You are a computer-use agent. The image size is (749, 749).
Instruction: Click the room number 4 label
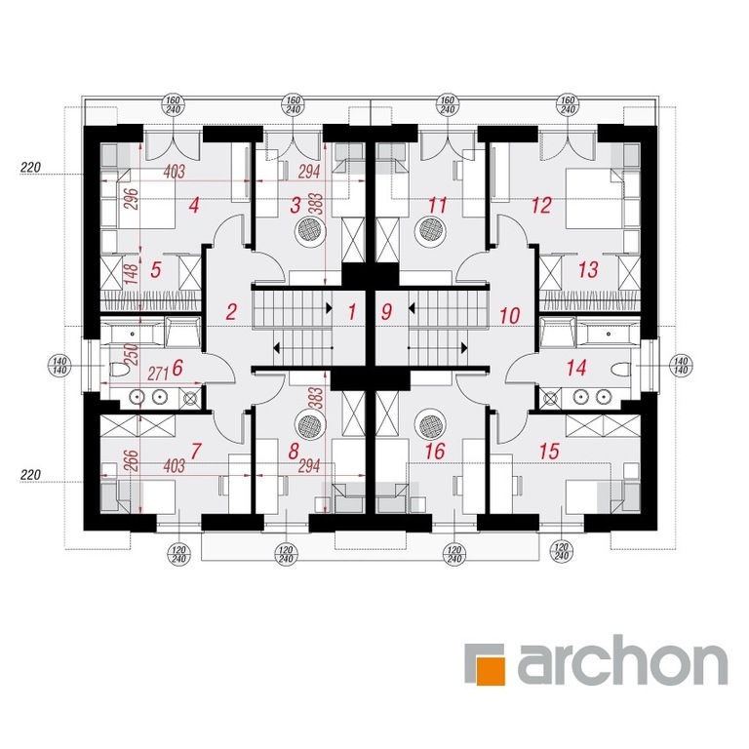click(x=193, y=207)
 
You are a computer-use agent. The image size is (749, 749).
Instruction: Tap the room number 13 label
click(x=588, y=270)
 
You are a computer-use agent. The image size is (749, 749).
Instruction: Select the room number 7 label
click(x=196, y=452)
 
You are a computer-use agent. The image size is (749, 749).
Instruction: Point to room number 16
click(x=435, y=452)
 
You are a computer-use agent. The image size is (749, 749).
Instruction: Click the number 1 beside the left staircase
click(x=352, y=312)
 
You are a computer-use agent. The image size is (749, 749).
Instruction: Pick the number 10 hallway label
click(x=510, y=316)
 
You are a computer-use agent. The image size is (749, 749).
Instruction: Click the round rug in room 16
click(x=432, y=422)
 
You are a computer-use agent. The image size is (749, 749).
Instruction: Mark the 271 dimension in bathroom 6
click(x=159, y=374)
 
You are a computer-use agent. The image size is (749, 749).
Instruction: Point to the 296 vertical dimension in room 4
click(x=131, y=199)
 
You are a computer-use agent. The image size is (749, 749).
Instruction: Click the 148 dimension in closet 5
click(x=131, y=273)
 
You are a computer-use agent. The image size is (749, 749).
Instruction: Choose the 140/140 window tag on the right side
click(x=681, y=366)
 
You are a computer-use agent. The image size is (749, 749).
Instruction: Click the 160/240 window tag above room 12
click(x=568, y=105)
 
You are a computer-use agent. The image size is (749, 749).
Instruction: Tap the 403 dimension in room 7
click(x=174, y=466)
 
